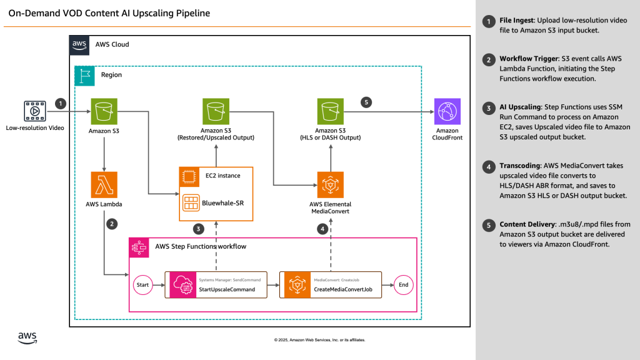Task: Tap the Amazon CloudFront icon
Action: (x=447, y=111)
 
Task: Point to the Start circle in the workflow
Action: (x=142, y=285)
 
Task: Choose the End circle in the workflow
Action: (x=403, y=285)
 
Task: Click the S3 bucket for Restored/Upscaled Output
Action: (x=216, y=111)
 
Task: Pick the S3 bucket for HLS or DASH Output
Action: (x=329, y=111)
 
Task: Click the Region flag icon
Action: (x=83, y=75)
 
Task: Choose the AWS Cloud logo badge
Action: (x=79, y=44)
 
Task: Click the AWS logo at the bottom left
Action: (x=26, y=338)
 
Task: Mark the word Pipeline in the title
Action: (x=192, y=12)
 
